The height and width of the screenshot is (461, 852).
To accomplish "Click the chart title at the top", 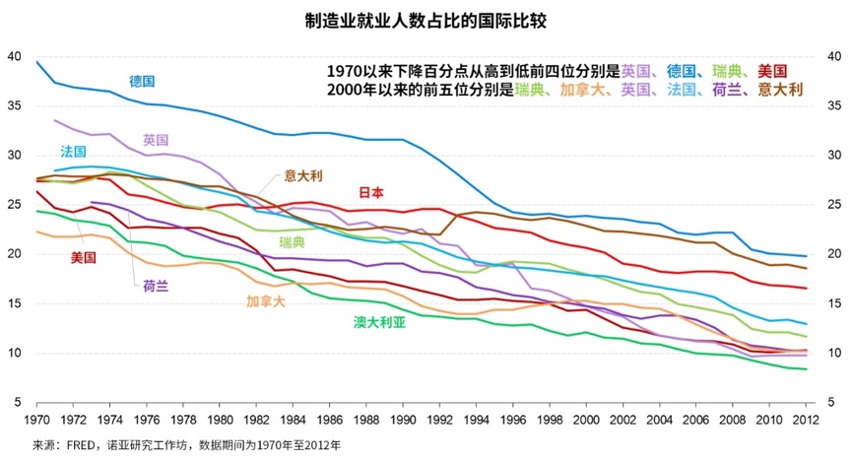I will click(x=425, y=19).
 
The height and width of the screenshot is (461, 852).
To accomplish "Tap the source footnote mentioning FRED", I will click(x=186, y=445).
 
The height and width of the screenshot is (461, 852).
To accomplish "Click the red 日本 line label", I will click(x=370, y=193).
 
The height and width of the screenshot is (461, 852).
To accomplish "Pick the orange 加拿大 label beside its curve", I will click(x=265, y=300).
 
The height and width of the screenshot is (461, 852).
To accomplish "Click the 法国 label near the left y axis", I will click(x=73, y=152).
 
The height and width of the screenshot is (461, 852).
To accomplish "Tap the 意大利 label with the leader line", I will click(x=304, y=175).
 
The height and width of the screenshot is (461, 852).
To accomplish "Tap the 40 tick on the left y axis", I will click(x=13, y=56).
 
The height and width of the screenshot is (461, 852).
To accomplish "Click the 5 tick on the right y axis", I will click(x=832, y=402).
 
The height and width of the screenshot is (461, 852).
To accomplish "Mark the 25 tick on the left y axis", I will click(x=13, y=205).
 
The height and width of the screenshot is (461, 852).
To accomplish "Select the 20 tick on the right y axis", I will click(x=835, y=254).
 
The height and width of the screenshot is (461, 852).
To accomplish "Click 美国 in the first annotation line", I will click(x=772, y=71).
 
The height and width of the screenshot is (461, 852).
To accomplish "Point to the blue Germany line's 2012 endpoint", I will click(x=807, y=257).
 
